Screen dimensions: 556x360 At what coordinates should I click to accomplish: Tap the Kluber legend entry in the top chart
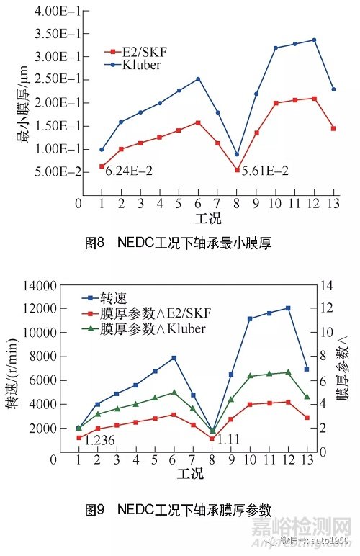tap(130, 64)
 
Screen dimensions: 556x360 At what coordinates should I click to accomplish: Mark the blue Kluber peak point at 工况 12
tap(314, 40)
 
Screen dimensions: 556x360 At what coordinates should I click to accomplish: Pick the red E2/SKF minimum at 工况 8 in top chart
tap(237, 170)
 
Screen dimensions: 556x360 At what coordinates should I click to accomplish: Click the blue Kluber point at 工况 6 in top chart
tap(198, 79)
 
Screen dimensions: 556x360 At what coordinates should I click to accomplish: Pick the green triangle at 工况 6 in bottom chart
tap(174, 393)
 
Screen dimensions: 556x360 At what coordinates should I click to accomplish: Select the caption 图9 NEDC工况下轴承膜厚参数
tap(178, 511)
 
